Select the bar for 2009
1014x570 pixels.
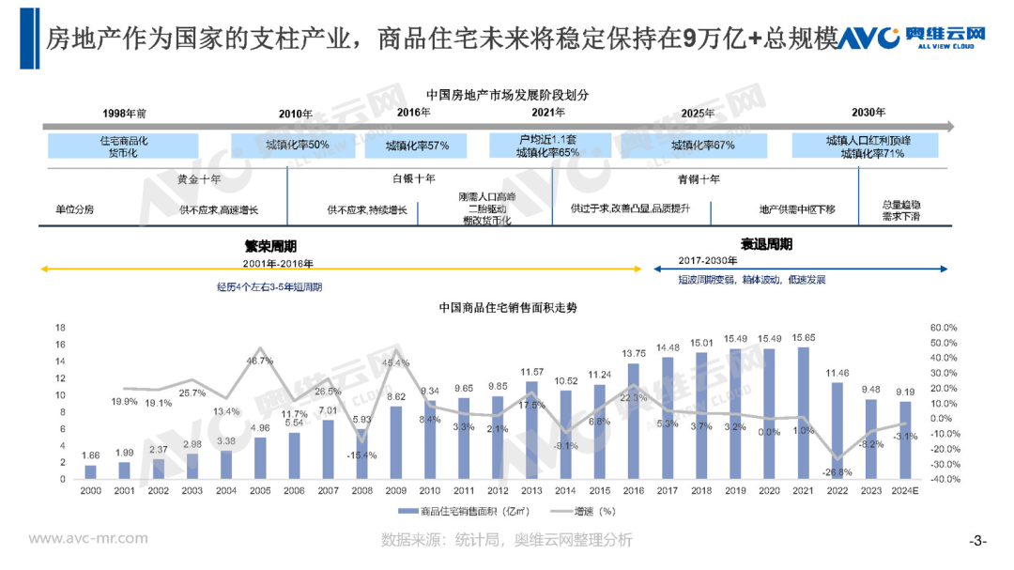coord(396,442)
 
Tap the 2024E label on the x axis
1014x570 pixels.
coord(903,491)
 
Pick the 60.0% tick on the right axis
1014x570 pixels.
coord(943,328)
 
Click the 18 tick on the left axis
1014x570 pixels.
coord(61,328)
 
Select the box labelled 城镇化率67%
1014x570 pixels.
coord(702,146)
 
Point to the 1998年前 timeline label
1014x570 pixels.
coord(124,114)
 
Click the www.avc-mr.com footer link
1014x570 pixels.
coord(88,538)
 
